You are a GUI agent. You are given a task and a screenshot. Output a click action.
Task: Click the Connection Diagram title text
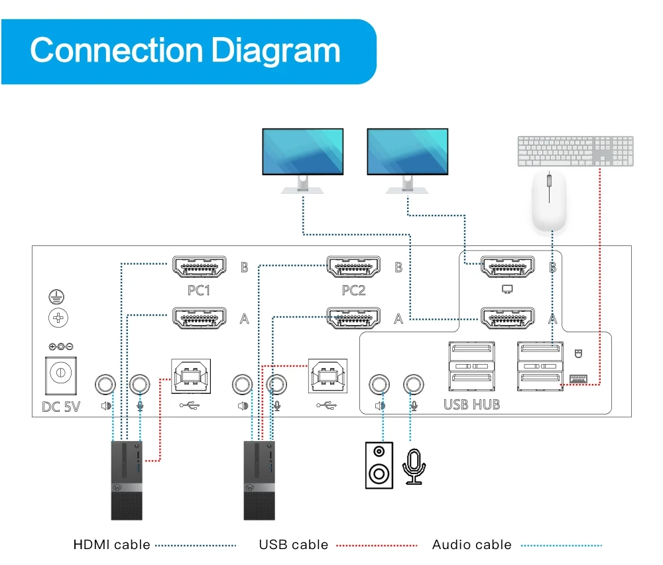185,50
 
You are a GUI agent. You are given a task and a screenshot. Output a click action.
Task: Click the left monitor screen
302,151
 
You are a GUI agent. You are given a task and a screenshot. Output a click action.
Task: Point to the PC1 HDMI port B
200,267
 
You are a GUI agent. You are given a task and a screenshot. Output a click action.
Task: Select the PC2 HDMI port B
354,267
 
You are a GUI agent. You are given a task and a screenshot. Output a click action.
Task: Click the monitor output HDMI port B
508,267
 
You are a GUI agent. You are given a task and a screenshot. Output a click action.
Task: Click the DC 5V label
60,405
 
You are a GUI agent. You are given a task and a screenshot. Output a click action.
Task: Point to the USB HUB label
471,404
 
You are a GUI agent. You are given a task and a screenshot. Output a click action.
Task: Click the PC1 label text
199,290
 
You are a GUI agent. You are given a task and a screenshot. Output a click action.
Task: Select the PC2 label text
354,290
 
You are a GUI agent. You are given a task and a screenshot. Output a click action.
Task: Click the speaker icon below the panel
379,466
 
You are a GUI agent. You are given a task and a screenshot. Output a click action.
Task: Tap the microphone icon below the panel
414,466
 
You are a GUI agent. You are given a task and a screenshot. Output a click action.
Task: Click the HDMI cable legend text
111,545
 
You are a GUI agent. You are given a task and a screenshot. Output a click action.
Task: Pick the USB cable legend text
293,545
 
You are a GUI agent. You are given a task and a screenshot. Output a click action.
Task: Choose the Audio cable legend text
471,545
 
